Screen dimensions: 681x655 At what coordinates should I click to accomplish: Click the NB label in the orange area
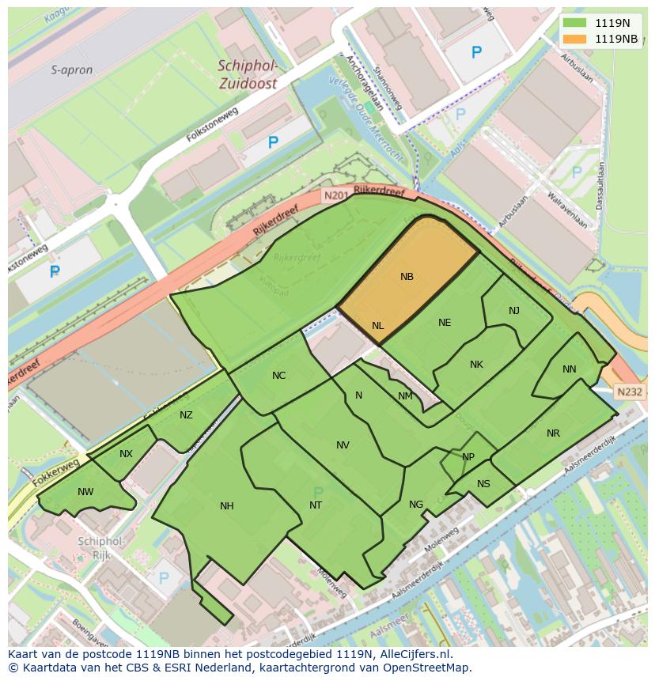407,277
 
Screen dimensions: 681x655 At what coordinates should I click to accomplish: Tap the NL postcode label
377,326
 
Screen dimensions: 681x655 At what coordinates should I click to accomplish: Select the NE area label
445,323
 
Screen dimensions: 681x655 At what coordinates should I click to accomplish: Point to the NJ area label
514,311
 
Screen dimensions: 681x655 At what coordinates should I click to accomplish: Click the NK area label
476,365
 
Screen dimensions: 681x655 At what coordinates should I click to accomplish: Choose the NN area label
570,369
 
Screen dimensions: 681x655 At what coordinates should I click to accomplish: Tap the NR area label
553,433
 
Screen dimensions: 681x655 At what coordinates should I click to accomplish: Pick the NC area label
278,376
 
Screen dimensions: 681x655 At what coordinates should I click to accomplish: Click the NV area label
343,445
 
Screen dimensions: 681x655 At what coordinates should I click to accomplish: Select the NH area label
227,506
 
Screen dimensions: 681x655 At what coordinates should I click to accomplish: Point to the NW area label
85,492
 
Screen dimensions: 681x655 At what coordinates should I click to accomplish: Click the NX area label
126,454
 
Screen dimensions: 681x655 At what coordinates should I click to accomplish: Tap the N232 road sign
630,392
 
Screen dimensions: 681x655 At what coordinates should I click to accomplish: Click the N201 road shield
335,195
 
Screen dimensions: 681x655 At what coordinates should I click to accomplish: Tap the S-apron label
72,70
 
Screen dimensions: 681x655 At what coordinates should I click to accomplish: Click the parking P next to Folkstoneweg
273,142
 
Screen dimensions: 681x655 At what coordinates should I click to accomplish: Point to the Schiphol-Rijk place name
100,548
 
